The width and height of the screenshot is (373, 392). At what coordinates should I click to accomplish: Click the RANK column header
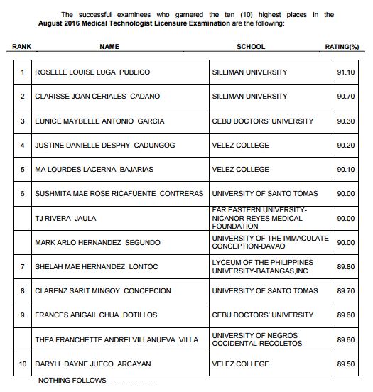[22, 47]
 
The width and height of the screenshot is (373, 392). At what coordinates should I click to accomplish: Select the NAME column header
[109, 47]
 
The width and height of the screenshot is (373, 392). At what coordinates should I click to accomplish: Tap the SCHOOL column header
[250, 47]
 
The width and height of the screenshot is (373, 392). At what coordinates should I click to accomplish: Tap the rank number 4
[23, 146]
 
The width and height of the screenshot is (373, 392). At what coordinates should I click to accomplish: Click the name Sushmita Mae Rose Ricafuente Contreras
[119, 194]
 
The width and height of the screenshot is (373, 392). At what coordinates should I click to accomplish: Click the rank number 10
[23, 364]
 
